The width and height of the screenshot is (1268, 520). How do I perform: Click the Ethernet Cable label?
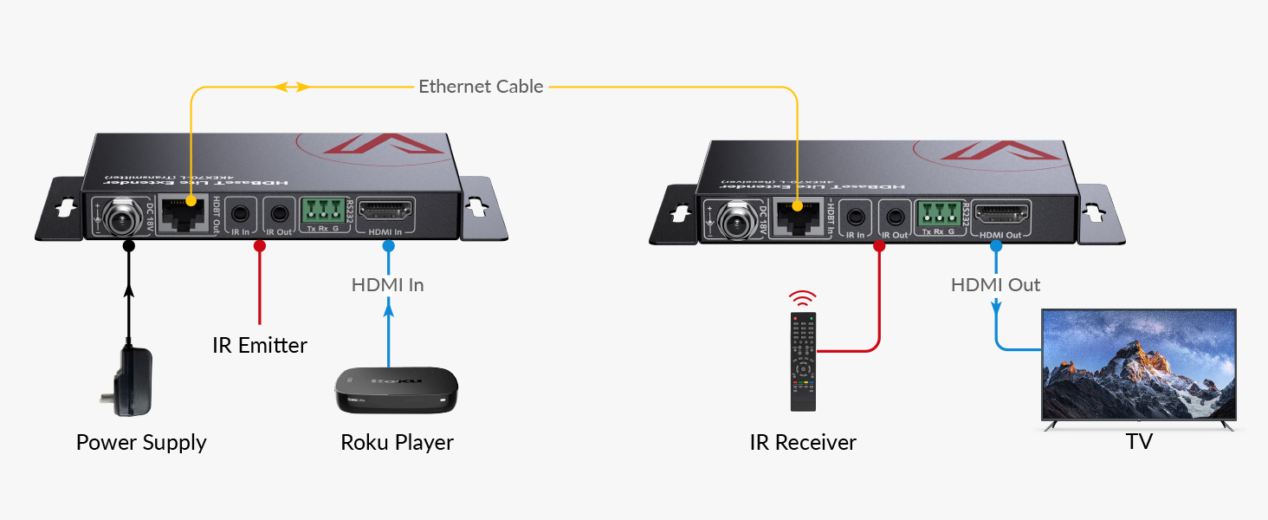481,87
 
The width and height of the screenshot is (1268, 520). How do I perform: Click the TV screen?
1138,366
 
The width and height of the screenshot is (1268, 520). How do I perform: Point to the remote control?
804,361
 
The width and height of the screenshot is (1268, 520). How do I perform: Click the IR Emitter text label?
260,345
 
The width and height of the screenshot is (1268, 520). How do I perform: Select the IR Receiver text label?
803,443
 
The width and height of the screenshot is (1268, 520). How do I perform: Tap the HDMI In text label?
387,284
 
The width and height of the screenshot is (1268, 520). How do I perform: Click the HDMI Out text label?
995,284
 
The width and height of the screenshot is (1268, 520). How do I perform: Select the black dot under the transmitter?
129,246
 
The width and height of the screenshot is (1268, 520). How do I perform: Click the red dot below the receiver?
879,246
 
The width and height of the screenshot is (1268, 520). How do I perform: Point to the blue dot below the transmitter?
388,246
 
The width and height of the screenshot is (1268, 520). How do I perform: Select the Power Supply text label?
141,443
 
